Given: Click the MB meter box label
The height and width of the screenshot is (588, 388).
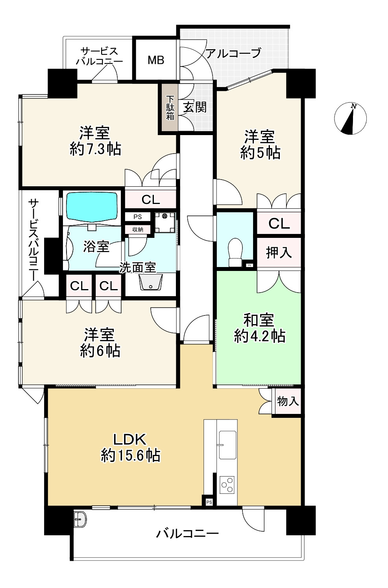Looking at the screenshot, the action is pyautogui.click(x=156, y=60).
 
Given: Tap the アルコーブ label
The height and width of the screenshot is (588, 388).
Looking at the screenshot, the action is pyautogui.click(x=233, y=53).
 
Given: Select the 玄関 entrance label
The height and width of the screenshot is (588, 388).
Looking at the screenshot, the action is pyautogui.click(x=195, y=107).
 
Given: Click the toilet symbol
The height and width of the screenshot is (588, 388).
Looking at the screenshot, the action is pyautogui.click(x=235, y=252).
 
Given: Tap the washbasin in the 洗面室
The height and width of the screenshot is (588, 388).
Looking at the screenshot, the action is pyautogui.click(x=151, y=282).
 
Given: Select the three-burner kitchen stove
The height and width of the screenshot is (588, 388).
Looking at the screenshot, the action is pyautogui.click(x=227, y=485).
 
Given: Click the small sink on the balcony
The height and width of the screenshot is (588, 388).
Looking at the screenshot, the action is pyautogui.click(x=80, y=519).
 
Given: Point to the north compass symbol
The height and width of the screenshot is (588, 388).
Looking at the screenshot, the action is pyautogui.click(x=350, y=119).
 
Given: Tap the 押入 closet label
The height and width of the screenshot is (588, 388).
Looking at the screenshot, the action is pyautogui.click(x=279, y=252).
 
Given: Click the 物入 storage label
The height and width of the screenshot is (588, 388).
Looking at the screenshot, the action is pyautogui.click(x=288, y=401).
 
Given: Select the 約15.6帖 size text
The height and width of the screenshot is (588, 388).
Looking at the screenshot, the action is pyautogui.click(x=130, y=455).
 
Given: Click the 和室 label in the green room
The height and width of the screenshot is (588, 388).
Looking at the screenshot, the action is pyautogui.click(x=259, y=320).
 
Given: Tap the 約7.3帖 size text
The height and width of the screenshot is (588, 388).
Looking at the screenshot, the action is pyautogui.click(x=96, y=149).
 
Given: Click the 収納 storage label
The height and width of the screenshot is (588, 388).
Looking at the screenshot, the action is pyautogui.click(x=137, y=230).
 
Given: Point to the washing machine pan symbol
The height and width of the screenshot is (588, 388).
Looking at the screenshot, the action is pyautogui.click(x=165, y=223).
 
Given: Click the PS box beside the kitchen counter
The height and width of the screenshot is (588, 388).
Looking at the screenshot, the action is pyautogui.click(x=209, y=502).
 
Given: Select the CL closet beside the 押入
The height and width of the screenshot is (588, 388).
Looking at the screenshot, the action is pyautogui.click(x=279, y=223).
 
